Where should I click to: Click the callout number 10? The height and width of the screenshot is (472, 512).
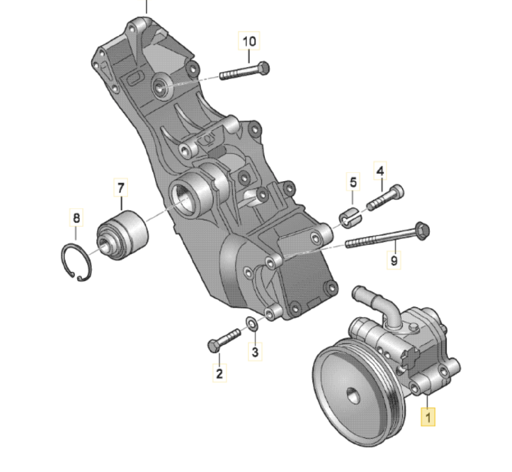click(x=249, y=41)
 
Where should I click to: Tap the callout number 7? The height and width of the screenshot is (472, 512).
click(x=121, y=187)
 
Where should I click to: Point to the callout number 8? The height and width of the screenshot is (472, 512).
click(x=76, y=218)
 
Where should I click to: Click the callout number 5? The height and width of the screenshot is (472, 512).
click(x=353, y=182)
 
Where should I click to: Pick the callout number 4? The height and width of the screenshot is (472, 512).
click(x=380, y=171)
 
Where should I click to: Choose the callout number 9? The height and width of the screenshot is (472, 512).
click(x=394, y=261)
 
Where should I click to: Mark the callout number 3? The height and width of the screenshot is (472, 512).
click(x=255, y=352)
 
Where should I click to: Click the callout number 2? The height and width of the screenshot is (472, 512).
click(x=219, y=374)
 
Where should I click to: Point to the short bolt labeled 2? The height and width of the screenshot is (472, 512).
click(x=224, y=338)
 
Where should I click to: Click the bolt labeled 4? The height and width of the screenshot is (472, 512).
click(x=385, y=198)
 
